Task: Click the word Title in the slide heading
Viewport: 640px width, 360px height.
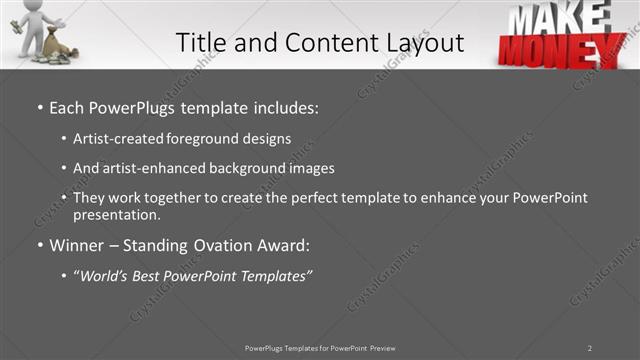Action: [x=199, y=42]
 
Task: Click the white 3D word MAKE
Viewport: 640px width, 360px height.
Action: [x=560, y=17]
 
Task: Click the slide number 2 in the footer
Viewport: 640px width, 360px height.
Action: [x=590, y=347]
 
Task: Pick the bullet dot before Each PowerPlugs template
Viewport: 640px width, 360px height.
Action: [x=39, y=107]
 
